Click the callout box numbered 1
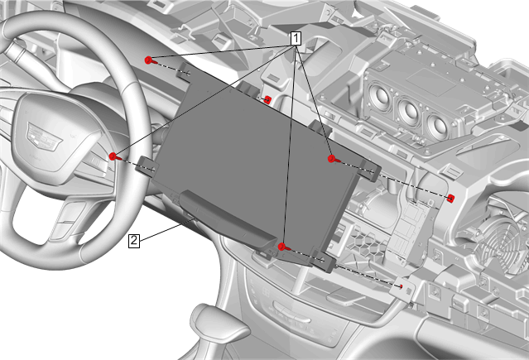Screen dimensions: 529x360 (296, 38)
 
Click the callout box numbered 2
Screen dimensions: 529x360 (134, 241)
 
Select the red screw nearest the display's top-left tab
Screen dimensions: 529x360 (148, 60)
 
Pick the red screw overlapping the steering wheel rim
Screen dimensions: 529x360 (113, 156)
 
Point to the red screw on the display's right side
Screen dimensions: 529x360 (332, 159)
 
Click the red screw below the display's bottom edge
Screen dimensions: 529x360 (283, 247)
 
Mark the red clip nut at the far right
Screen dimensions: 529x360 (450, 199)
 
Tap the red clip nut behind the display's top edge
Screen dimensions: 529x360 (267, 100)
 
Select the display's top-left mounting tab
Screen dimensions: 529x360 (185, 72)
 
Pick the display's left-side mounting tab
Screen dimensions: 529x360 (146, 166)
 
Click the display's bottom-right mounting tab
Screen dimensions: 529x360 (325, 259)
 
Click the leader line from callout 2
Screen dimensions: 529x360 (167, 230)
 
